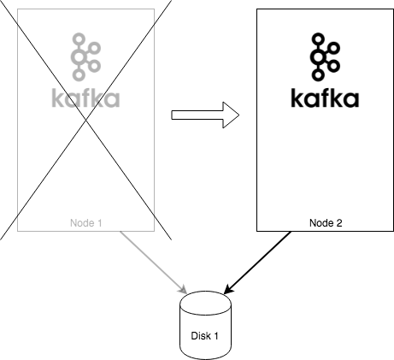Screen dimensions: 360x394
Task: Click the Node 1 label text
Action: point(85,223)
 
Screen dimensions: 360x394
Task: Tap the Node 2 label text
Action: point(326,223)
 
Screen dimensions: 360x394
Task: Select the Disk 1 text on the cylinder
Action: point(205,336)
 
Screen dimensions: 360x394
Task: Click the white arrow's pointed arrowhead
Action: point(231,115)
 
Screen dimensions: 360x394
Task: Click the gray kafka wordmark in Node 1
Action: point(85,97)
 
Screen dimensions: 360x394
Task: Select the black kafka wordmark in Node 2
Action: point(325,97)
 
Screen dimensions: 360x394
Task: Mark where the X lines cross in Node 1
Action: point(85,120)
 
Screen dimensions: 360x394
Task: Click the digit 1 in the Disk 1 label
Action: point(216,336)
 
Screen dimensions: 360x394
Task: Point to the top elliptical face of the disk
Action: point(205,302)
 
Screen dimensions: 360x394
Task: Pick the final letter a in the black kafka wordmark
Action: point(350,99)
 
